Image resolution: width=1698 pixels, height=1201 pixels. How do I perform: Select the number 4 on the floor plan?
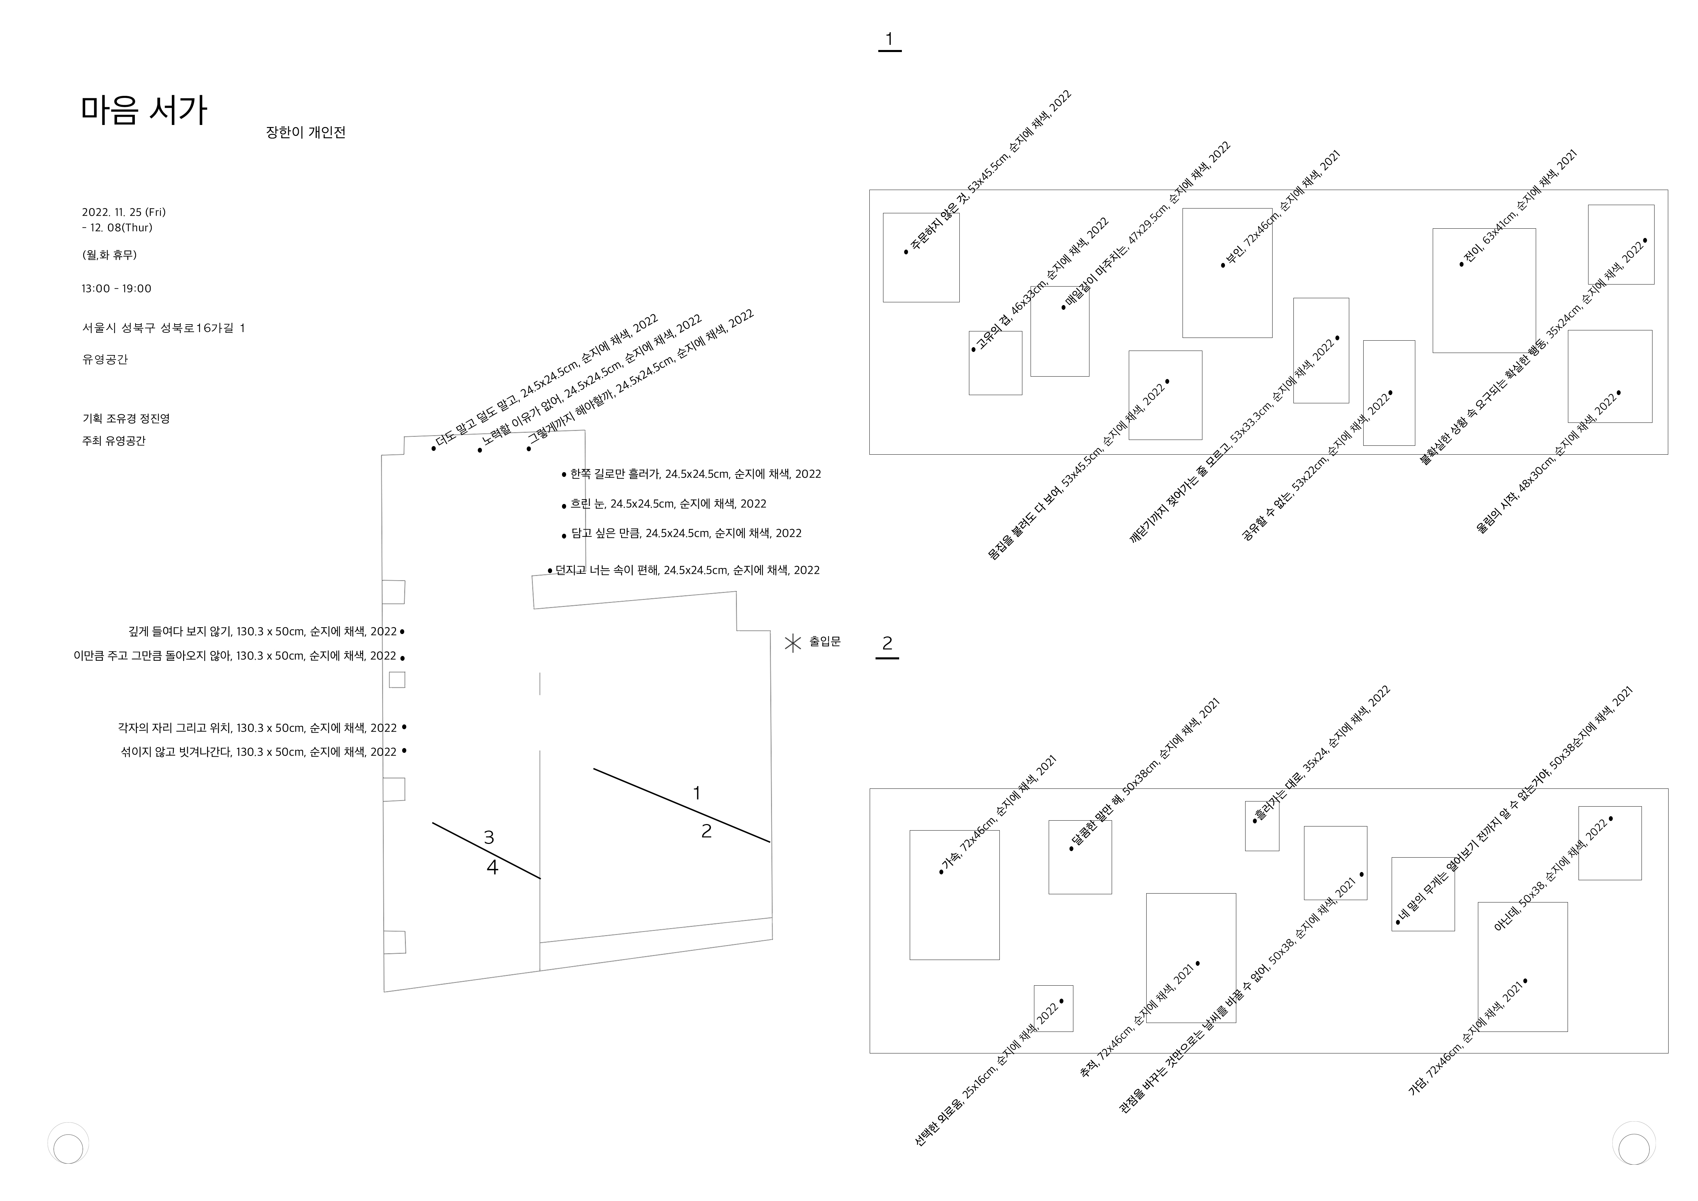pos(493,868)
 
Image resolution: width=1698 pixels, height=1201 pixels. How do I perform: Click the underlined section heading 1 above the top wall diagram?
pos(889,40)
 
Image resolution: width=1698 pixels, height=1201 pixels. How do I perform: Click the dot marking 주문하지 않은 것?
pos(906,252)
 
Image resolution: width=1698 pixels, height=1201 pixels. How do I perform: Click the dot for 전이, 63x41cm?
pos(1461,264)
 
